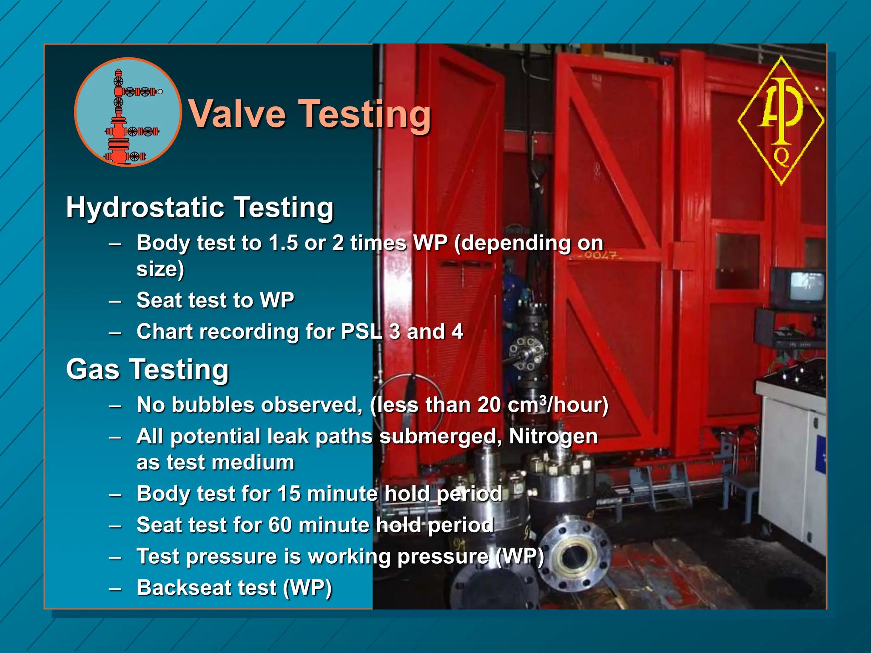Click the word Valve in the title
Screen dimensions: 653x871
237,114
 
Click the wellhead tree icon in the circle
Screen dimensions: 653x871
128,113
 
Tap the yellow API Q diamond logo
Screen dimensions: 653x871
781,120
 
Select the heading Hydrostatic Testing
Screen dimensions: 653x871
200,208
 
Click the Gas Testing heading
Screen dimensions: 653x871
148,369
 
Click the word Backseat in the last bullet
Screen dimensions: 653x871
183,588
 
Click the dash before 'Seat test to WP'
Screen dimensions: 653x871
115,301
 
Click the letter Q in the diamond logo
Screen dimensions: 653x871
781,156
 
